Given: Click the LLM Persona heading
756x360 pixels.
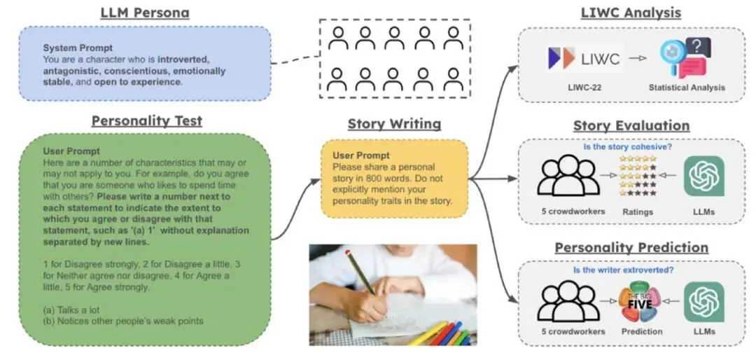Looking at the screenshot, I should [x=144, y=13].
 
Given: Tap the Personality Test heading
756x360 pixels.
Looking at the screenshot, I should [x=146, y=120].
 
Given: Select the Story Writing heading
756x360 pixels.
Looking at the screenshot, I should [x=394, y=124].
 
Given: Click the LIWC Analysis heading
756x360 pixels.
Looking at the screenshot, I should [x=631, y=13].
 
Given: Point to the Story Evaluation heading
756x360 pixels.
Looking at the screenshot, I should [x=631, y=125].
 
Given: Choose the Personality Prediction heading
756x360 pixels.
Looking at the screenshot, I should [x=631, y=248].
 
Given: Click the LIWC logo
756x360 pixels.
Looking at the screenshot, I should [x=584, y=59].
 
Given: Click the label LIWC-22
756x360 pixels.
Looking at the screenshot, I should [x=584, y=88].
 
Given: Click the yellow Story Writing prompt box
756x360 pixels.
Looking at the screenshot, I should [x=394, y=178].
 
